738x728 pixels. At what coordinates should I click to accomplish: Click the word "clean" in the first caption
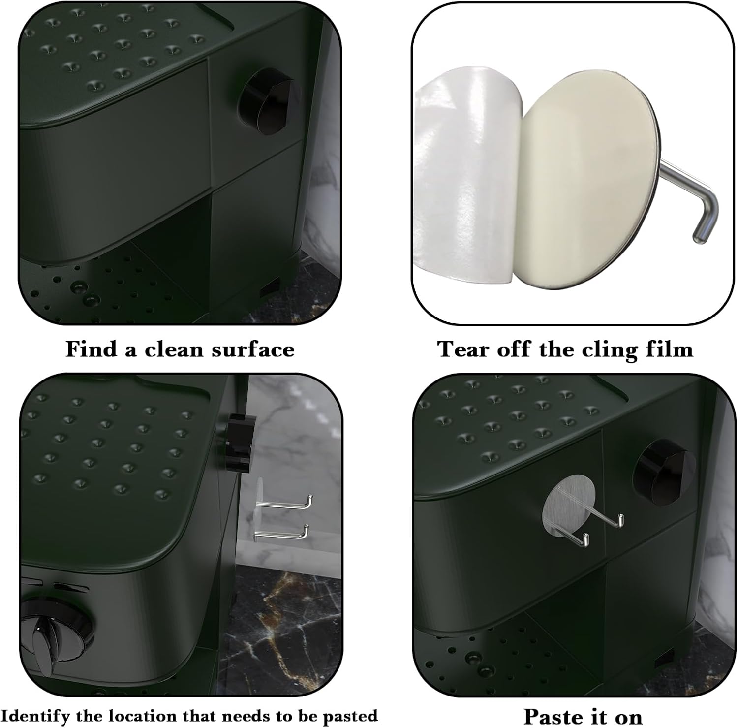pos(174,349)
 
